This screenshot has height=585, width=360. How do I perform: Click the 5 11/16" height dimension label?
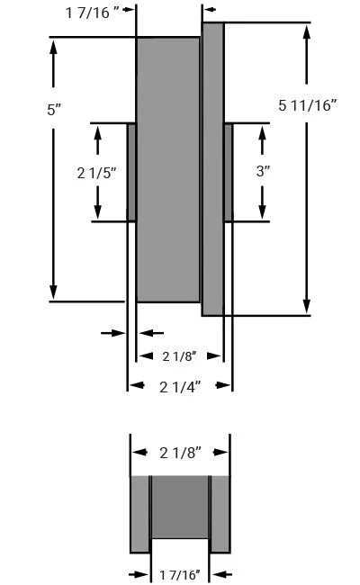pyautogui.click(x=308, y=106)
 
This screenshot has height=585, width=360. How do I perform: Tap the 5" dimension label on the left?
pyautogui.click(x=54, y=110)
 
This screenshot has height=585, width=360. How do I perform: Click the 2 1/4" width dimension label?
pyautogui.click(x=180, y=386)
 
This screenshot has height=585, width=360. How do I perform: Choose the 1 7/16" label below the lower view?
pyautogui.click(x=179, y=574)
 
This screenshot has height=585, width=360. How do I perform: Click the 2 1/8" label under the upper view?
pyautogui.click(x=179, y=356)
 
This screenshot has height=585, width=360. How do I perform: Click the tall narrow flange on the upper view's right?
pyautogui.click(x=212, y=169)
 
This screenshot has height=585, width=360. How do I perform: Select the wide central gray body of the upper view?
pyautogui.click(x=167, y=169)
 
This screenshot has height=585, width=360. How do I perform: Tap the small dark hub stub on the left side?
pyautogui.click(x=131, y=172)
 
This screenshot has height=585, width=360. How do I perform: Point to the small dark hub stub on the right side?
pyautogui.click(x=228, y=172)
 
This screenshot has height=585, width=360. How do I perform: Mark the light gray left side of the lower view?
pyautogui.click(x=139, y=513)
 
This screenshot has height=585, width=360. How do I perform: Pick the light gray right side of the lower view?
pyautogui.click(x=220, y=513)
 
